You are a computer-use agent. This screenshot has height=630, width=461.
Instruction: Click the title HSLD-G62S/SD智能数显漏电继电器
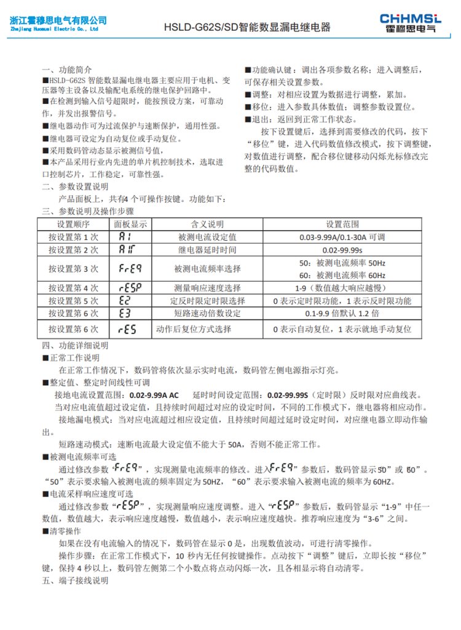246,28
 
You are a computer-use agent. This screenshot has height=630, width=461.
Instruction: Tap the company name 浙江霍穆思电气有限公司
58,20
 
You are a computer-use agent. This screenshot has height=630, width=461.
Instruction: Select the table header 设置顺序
74,224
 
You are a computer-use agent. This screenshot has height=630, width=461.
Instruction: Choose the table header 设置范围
342,224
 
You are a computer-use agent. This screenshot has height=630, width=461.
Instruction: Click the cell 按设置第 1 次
74,237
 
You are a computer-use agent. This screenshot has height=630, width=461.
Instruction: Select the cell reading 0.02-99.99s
342,250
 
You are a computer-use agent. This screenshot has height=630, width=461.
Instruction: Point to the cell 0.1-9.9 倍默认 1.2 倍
342,313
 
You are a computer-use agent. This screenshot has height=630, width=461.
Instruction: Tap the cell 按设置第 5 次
74,301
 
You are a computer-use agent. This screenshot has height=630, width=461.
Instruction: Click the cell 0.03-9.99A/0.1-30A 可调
342,237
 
